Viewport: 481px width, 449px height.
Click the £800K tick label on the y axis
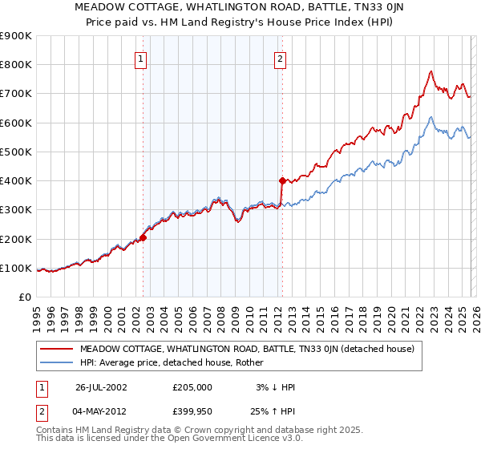(16, 65)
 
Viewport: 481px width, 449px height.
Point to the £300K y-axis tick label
(16, 210)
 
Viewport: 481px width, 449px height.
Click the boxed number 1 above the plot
(141, 58)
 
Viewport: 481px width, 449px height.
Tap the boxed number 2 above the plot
(280, 58)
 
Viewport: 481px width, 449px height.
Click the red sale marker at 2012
(282, 180)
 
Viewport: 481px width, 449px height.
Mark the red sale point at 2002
(143, 237)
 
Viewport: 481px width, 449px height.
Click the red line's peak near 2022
(430, 71)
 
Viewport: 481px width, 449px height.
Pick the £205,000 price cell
(192, 386)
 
